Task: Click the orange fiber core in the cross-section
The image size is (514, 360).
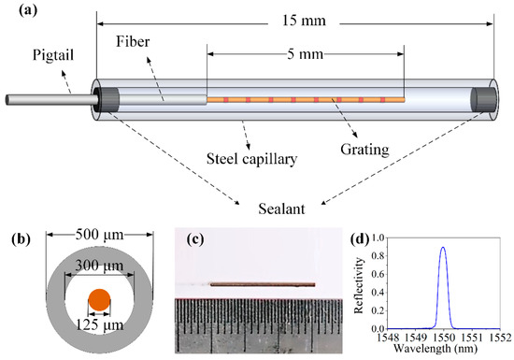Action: pos(99,301)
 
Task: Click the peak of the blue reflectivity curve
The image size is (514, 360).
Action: pos(442,248)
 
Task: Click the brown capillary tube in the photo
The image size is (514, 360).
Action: pos(262,284)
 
